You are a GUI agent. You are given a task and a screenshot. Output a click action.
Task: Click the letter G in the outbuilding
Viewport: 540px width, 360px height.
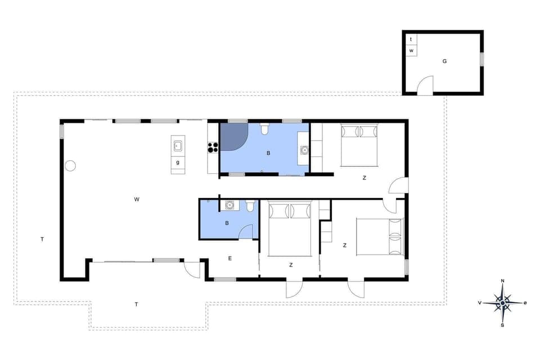[444, 61]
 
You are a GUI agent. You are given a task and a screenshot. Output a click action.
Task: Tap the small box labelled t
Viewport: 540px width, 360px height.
[411, 39]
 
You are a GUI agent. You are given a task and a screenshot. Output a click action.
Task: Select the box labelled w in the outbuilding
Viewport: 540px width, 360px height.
[411, 51]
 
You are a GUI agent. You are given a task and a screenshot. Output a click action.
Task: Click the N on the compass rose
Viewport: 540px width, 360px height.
[502, 281]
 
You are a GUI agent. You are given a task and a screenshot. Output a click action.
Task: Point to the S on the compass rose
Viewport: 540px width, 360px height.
[502, 325]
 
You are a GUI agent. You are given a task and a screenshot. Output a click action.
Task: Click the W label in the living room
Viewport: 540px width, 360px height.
[137, 199]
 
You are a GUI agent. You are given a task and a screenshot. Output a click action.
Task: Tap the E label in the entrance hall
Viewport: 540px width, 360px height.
[230, 258]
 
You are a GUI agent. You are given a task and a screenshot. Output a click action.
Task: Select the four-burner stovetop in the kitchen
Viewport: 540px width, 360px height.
[213, 147]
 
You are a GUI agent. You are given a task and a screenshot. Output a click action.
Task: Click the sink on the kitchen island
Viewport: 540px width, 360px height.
[178, 146]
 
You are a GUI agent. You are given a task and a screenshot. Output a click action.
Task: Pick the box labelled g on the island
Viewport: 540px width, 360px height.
[178, 163]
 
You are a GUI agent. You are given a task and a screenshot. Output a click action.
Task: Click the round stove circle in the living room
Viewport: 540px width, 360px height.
[70, 165]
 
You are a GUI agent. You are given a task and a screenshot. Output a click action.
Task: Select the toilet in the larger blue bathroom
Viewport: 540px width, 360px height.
[264, 130]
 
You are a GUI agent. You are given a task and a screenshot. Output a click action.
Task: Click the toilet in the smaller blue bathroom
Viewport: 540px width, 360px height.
[250, 206]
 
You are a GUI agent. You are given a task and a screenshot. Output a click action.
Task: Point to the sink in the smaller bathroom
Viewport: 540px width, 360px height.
[229, 206]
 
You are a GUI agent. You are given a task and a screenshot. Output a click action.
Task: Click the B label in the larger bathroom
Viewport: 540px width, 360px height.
[268, 152]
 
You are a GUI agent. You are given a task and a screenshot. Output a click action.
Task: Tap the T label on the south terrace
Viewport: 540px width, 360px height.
[136, 304]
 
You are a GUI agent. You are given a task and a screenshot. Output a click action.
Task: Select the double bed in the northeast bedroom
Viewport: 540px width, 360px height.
[359, 145]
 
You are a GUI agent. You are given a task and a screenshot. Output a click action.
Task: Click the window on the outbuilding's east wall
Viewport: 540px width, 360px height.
[481, 58]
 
